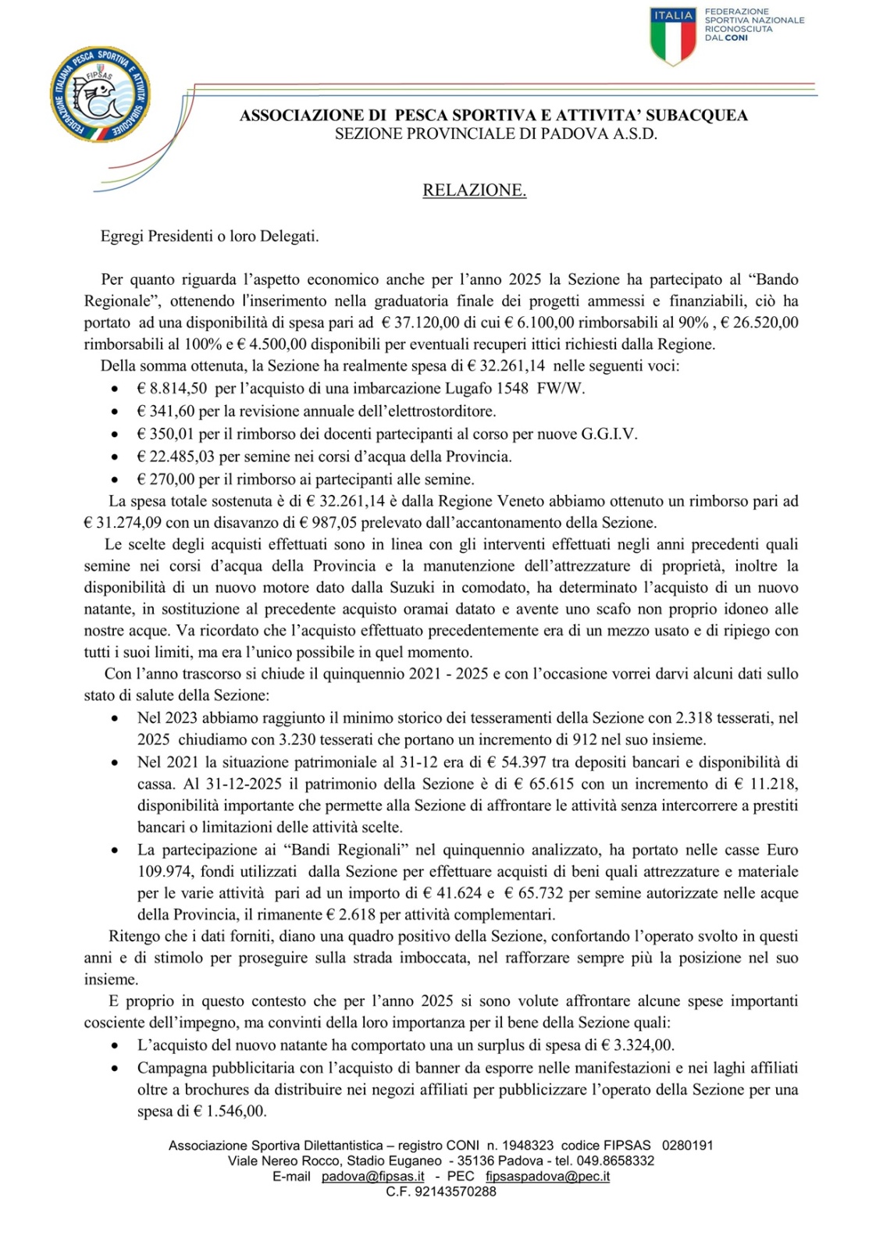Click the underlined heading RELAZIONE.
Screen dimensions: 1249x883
coord(474,190)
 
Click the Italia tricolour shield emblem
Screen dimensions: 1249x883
coord(673,36)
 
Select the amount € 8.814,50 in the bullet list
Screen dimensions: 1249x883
coord(172,389)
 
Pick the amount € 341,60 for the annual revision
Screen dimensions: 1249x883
coord(166,411)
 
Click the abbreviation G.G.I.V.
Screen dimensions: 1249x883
coord(609,434)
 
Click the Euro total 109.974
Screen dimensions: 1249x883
coord(165,872)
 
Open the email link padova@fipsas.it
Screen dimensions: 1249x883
coord(373,1176)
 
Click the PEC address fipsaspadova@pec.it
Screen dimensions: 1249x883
coord(547,1176)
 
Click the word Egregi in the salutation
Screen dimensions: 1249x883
coord(123,236)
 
